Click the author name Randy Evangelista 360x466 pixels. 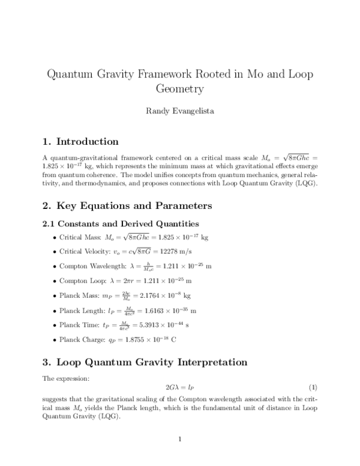pyautogui.click(x=180, y=110)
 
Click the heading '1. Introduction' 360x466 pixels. pyautogui.click(x=80, y=142)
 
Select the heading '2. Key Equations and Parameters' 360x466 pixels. pyautogui.click(x=127, y=206)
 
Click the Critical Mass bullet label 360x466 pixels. pyautogui.click(x=80, y=238)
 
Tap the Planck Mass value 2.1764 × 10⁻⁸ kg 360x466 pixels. pyautogui.click(x=162, y=295)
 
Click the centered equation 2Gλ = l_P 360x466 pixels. pyautogui.click(x=180, y=388)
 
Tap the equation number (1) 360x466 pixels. pyautogui.click(x=312, y=388)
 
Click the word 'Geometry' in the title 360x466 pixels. pyautogui.click(x=180, y=89)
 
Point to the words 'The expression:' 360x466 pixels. pyautogui.click(x=64, y=378)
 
